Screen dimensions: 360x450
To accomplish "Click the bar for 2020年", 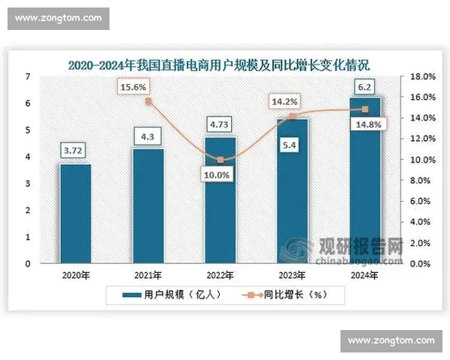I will (76, 214).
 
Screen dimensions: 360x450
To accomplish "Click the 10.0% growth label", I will (217, 175).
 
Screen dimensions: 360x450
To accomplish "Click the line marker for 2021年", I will (148, 101).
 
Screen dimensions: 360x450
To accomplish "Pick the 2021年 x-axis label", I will (148, 275).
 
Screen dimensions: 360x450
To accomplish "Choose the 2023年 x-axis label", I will (292, 275).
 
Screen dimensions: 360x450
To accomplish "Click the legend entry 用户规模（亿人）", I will (171, 295).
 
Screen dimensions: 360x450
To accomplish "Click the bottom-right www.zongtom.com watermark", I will (391, 340).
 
